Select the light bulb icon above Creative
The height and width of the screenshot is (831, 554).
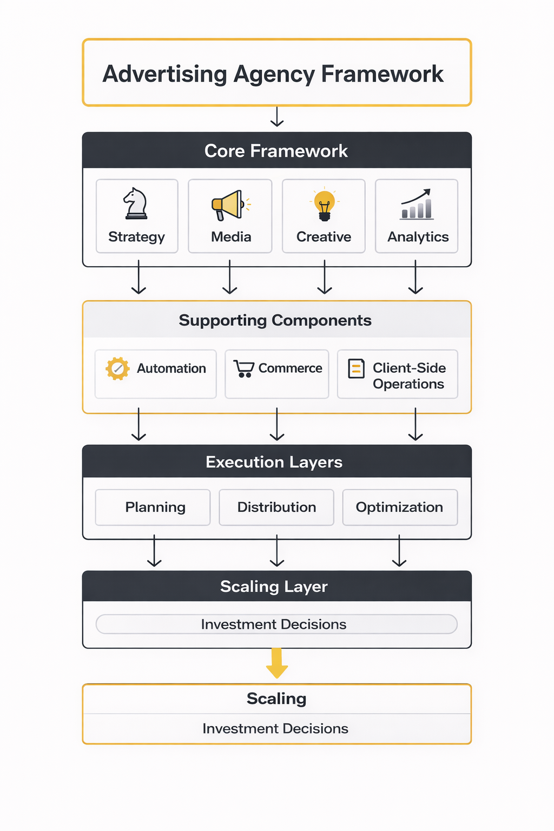pyautogui.click(x=324, y=205)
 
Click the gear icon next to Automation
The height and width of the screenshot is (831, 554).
pyautogui.click(x=117, y=368)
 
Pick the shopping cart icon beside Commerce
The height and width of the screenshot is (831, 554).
pyautogui.click(x=244, y=368)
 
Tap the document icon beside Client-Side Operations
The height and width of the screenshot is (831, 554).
pyautogui.click(x=356, y=368)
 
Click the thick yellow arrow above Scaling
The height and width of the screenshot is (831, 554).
pyautogui.click(x=276, y=663)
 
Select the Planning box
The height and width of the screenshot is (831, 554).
pyautogui.click(x=153, y=507)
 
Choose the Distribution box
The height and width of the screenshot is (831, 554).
pyautogui.click(x=276, y=507)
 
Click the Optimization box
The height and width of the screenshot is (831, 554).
pyautogui.click(x=400, y=507)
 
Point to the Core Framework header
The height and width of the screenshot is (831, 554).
pyautogui.click(x=276, y=151)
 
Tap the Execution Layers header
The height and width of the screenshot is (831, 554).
pyautogui.click(x=274, y=462)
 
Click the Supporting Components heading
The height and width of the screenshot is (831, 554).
pyautogui.click(x=275, y=320)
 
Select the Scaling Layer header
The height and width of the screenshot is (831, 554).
pyautogui.click(x=274, y=586)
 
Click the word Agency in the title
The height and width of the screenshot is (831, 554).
pyautogui.click(x=274, y=75)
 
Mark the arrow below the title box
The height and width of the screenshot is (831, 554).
pyautogui.click(x=277, y=117)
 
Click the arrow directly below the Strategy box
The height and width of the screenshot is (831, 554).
pyautogui.click(x=138, y=277)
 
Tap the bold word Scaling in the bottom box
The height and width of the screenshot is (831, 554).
pyautogui.click(x=276, y=698)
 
